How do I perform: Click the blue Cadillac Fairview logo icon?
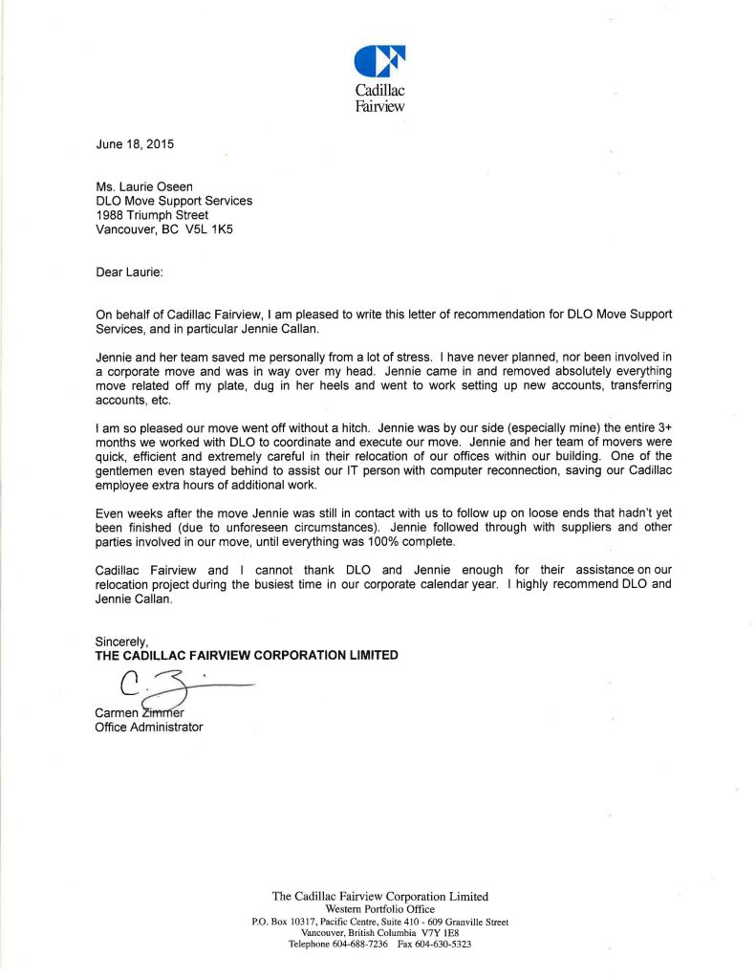click(x=379, y=61)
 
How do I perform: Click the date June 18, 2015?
click(x=135, y=144)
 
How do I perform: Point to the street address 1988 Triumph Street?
click(x=152, y=215)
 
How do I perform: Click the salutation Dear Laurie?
click(x=130, y=272)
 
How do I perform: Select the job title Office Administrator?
click(x=149, y=728)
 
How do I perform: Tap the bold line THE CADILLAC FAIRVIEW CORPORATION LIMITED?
click(x=247, y=655)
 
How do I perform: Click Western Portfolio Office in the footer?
click(x=379, y=908)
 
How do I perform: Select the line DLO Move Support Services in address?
click(x=174, y=201)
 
